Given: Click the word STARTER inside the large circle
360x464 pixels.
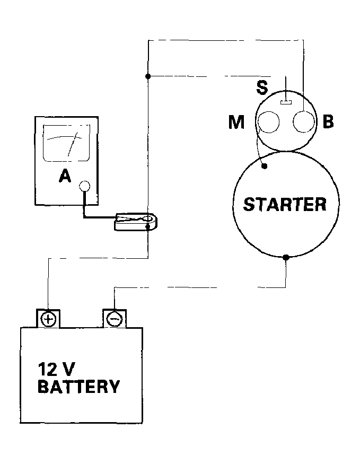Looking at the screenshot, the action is (x=285, y=204).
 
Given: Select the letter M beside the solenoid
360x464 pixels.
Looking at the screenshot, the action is (x=236, y=122).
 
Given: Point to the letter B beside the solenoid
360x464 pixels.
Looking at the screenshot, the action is (x=328, y=121).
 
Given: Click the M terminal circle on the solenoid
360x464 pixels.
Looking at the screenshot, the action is (x=269, y=122).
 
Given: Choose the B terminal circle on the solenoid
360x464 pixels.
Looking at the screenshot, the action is (x=303, y=122).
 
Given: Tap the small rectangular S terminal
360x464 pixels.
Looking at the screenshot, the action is (x=286, y=102).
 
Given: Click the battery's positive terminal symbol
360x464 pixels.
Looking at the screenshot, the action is (x=48, y=319).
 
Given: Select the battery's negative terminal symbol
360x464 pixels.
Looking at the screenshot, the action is (x=114, y=319).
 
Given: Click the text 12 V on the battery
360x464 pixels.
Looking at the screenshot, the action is (x=57, y=369).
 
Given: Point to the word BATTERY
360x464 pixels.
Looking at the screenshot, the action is (x=78, y=386).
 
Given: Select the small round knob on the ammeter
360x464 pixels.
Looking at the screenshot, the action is (x=84, y=186).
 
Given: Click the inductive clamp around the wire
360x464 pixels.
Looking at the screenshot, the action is (x=136, y=222).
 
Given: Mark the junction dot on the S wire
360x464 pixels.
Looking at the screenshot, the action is (x=148, y=76).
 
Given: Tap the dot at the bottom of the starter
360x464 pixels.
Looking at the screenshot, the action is (x=286, y=257).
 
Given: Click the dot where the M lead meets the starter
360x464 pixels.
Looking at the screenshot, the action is (x=265, y=167).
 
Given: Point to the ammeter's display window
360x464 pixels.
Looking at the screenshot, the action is (x=67, y=143).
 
